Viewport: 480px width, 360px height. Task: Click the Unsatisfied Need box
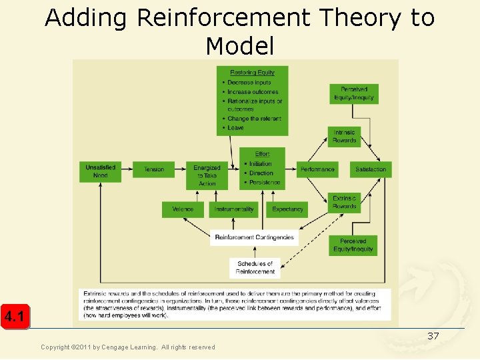point(100,171)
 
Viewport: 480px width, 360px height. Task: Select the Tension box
point(153,169)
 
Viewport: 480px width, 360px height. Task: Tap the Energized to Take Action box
point(207,175)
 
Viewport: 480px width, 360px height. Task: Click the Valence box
point(182,209)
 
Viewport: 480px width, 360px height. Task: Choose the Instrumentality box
point(235,209)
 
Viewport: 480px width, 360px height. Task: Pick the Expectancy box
point(287,209)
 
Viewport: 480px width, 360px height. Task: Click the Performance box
point(317,169)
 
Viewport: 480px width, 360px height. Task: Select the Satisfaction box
point(371,169)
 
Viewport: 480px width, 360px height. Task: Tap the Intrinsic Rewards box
point(345,137)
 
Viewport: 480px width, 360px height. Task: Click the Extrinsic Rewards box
point(345,203)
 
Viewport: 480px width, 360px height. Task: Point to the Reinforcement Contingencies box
point(254,237)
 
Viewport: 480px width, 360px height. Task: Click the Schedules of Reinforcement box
point(255,268)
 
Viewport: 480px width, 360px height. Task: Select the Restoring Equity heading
point(252,73)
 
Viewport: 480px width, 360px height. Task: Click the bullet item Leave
point(236,128)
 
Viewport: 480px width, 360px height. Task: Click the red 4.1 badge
point(15,317)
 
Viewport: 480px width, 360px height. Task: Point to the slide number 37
point(433,336)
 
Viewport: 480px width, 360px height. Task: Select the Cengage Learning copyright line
point(128,347)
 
